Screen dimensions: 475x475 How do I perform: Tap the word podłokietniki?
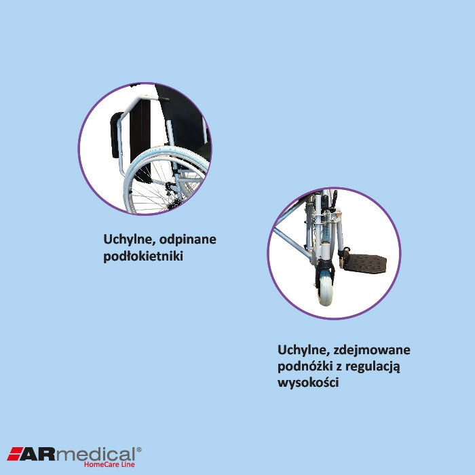143,257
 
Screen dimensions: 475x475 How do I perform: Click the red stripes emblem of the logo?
16,454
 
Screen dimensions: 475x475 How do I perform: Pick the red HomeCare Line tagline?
109,465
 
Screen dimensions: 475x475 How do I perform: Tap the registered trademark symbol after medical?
139,449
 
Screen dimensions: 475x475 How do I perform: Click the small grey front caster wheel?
326,289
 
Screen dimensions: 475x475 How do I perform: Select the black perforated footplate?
365,262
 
